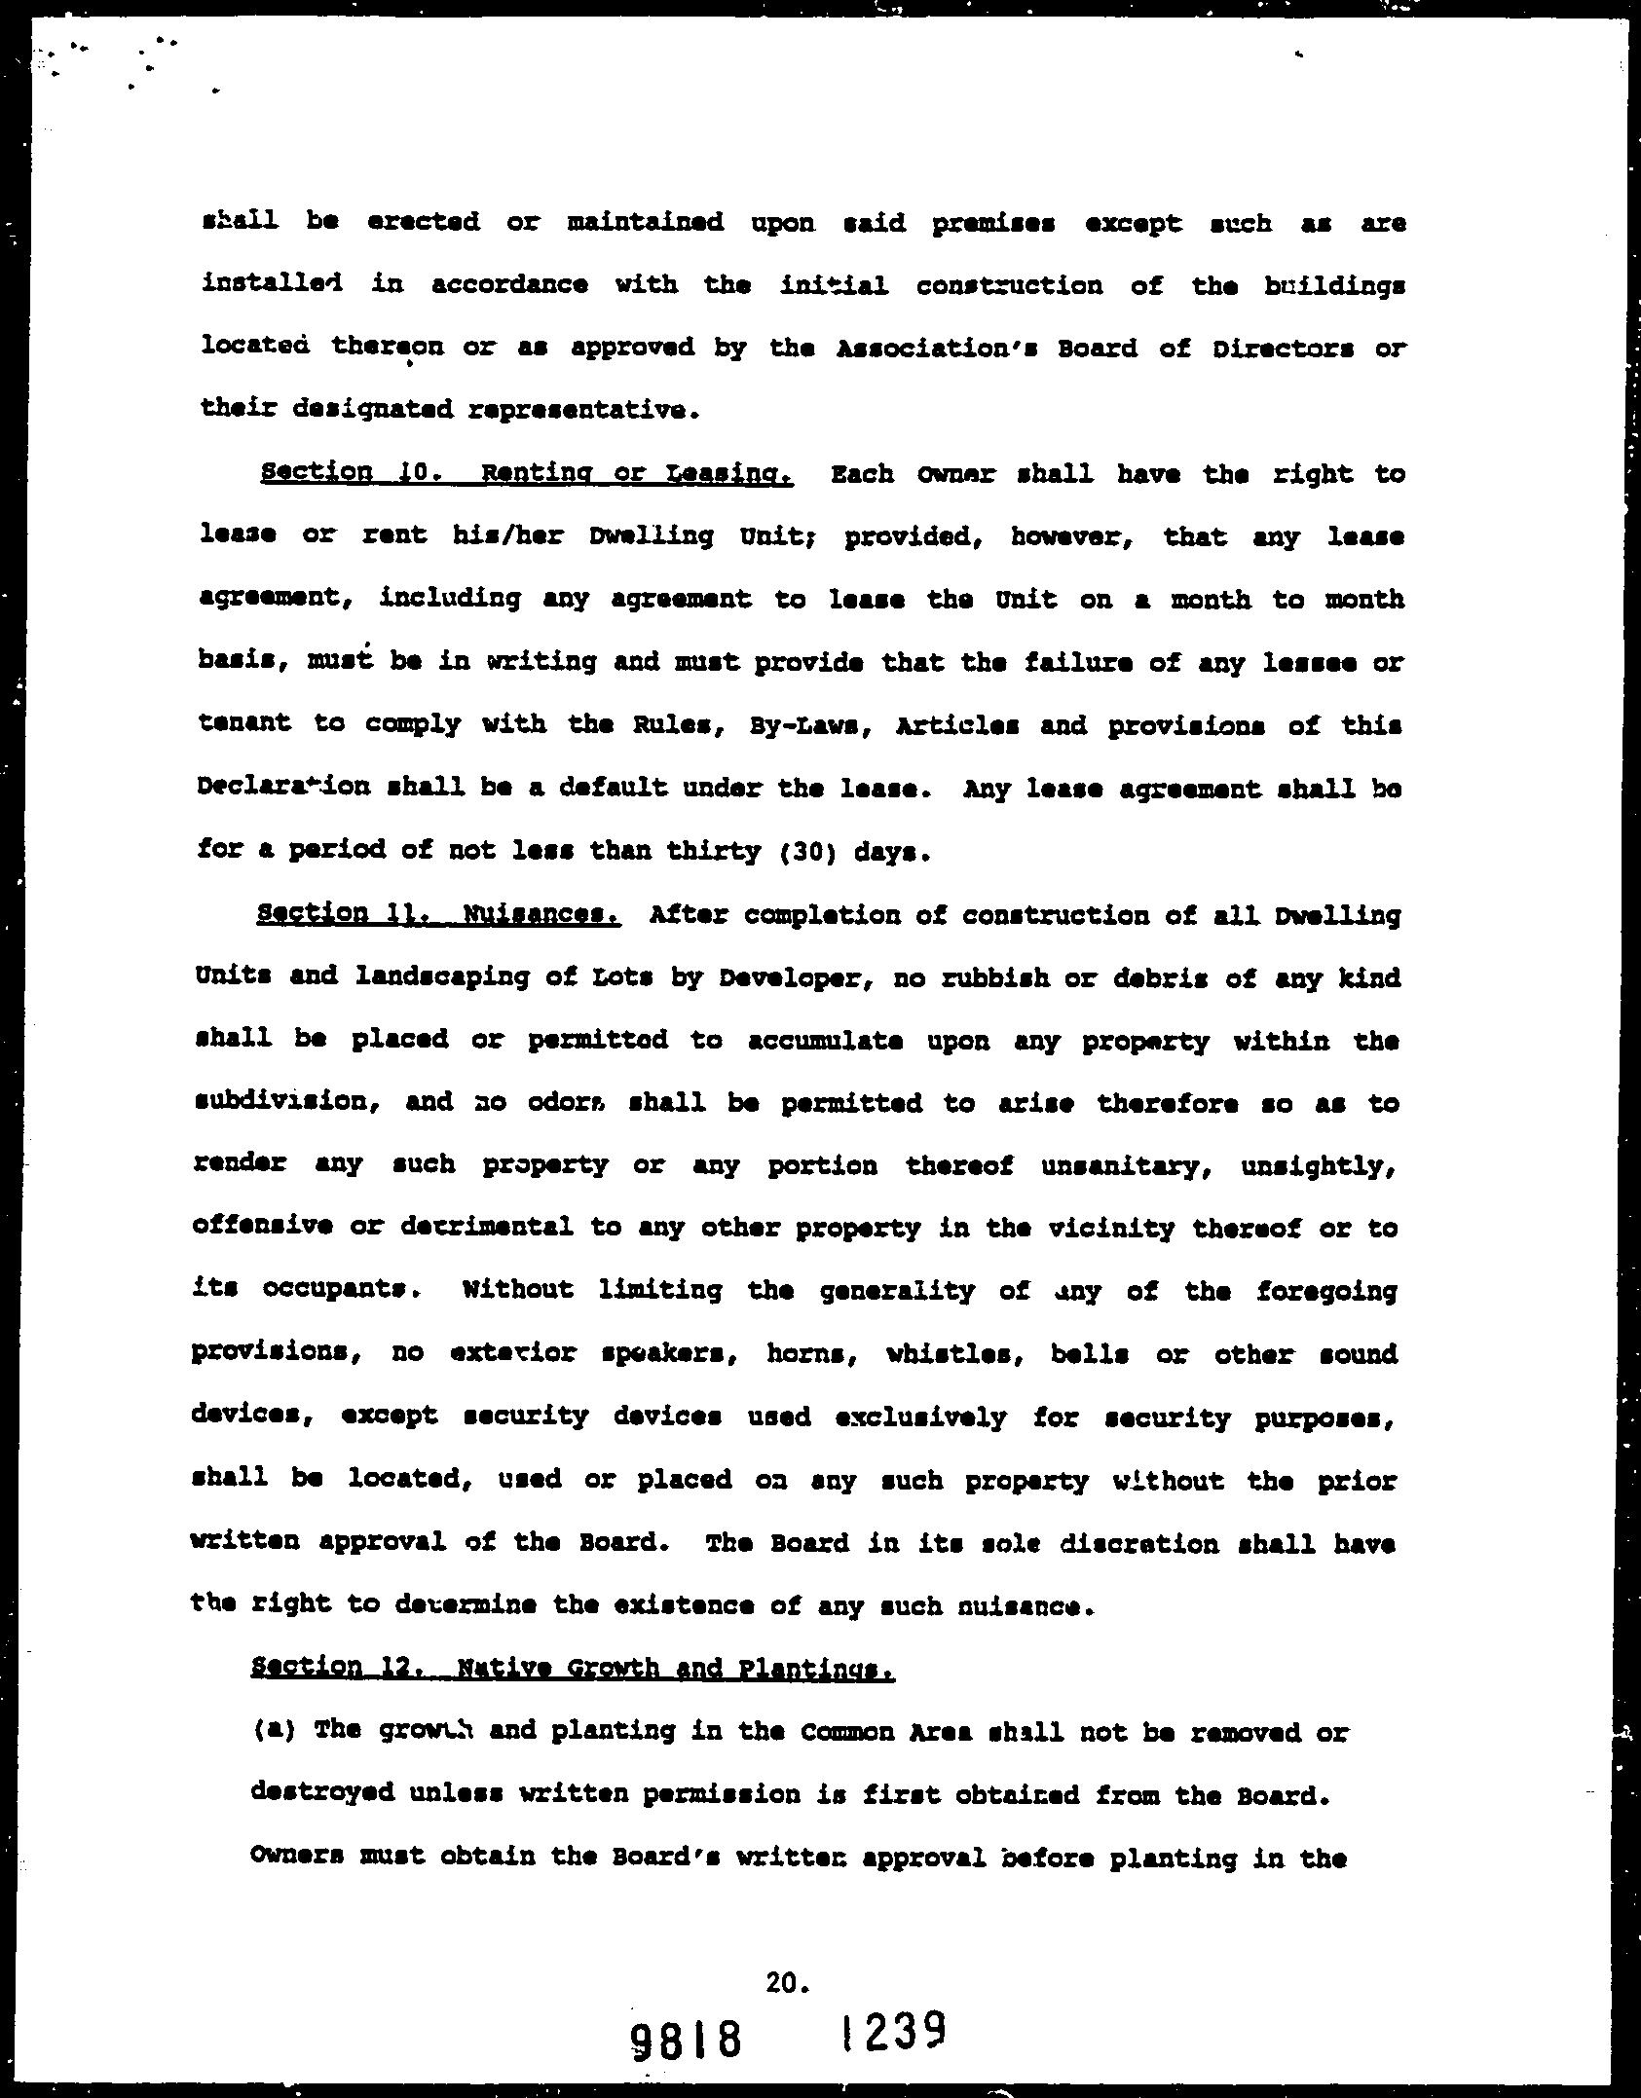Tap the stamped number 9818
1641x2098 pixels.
687,2038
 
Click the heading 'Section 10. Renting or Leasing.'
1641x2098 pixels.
527,474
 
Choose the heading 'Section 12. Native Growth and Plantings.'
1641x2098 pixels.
572,1668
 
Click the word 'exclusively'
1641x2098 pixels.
920,1417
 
